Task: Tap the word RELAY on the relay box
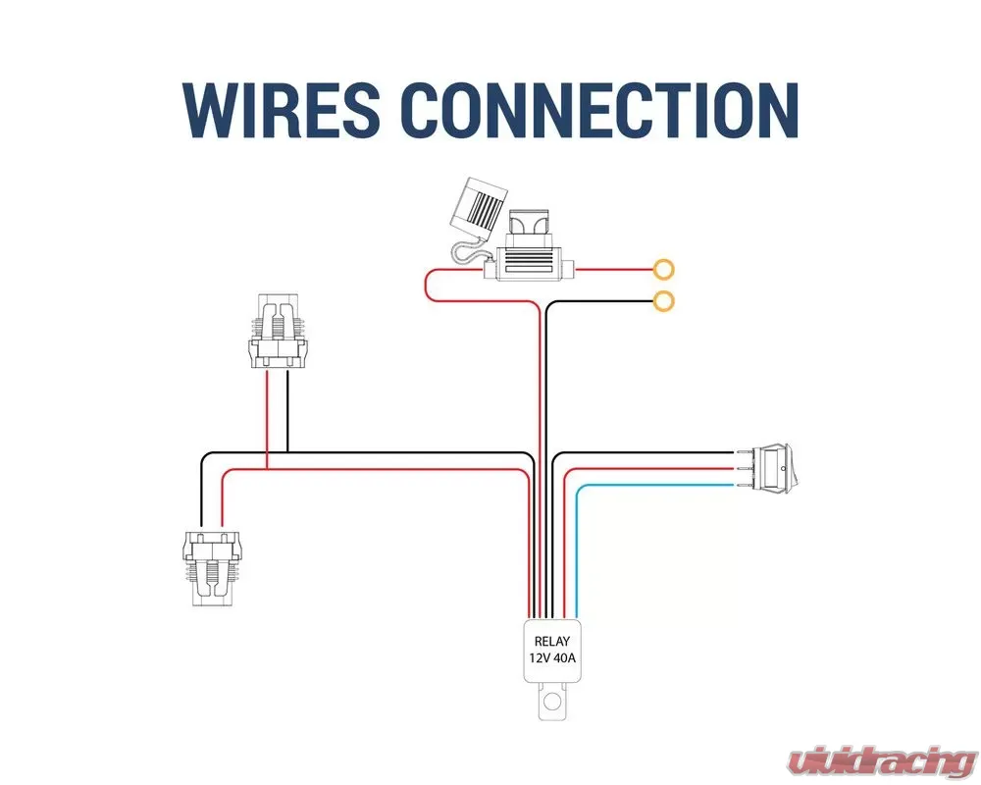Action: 552,642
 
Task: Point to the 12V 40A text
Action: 552,660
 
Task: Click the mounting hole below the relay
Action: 553,702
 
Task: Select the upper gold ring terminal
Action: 665,268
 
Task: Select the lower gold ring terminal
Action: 665,301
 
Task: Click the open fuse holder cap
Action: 478,209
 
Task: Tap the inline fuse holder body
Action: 531,264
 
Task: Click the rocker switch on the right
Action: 775,469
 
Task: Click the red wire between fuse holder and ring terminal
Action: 613,268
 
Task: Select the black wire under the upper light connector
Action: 287,412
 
